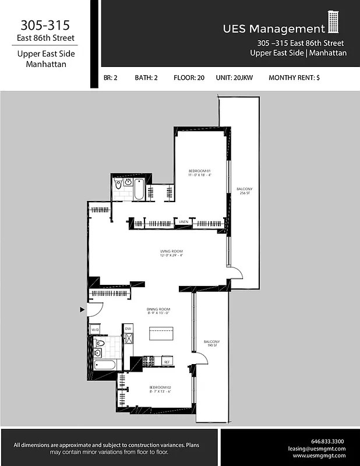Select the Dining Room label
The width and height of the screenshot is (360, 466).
point(158,311)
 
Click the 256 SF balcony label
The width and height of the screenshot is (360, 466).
point(245,191)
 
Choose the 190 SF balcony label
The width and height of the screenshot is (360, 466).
point(211,344)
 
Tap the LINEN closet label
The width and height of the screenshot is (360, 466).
point(183,222)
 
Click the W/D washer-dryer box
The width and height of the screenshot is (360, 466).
point(95,330)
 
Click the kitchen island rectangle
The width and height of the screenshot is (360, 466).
point(161,334)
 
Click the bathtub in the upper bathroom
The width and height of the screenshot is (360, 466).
point(140,189)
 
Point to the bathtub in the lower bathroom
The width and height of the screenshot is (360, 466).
point(105,365)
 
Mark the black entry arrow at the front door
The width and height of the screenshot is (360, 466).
point(82,310)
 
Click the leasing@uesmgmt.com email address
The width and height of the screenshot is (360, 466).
point(317,449)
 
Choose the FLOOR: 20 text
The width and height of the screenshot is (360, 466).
point(189,77)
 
